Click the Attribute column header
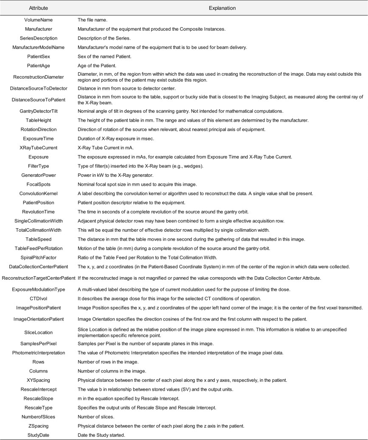[38, 8]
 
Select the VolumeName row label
[38, 20]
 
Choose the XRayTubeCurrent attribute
[38, 148]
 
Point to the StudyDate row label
[38, 434]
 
